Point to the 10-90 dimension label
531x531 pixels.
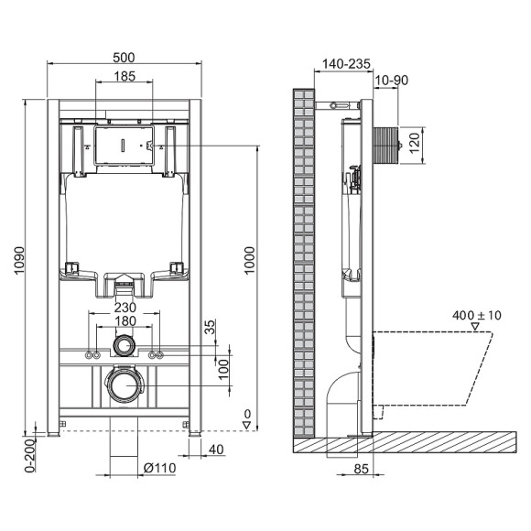[x=392, y=81]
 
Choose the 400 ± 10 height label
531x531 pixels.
[x=477, y=316]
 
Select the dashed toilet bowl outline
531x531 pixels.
[x=439, y=366]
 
